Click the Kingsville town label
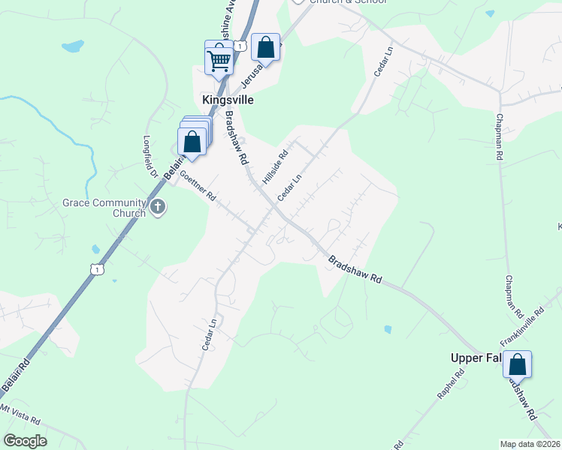(x=228, y=100)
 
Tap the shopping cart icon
(x=219, y=59)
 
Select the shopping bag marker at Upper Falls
(x=517, y=366)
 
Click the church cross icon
(x=157, y=207)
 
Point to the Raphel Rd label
(x=453, y=384)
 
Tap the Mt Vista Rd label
(x=20, y=415)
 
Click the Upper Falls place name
(x=476, y=358)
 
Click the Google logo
(x=25, y=440)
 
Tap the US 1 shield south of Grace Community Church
(x=96, y=268)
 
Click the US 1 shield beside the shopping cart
(x=239, y=46)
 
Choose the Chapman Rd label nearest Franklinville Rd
(x=513, y=295)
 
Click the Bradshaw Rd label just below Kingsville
(x=237, y=138)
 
